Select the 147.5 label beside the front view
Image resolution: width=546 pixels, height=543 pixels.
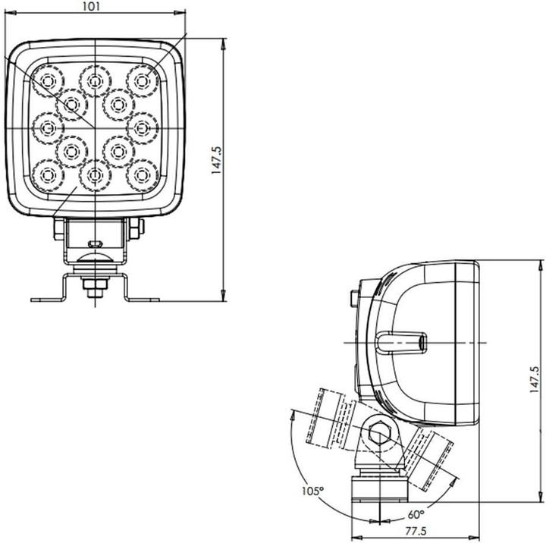coord(216,162)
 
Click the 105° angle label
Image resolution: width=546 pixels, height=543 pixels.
coord(311,491)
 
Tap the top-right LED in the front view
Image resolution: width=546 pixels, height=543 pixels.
coord(141,78)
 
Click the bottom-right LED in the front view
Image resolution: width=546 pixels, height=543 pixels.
coord(141,175)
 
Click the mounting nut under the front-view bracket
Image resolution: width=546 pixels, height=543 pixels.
coord(94,286)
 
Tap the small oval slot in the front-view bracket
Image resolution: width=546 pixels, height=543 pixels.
coord(94,243)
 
